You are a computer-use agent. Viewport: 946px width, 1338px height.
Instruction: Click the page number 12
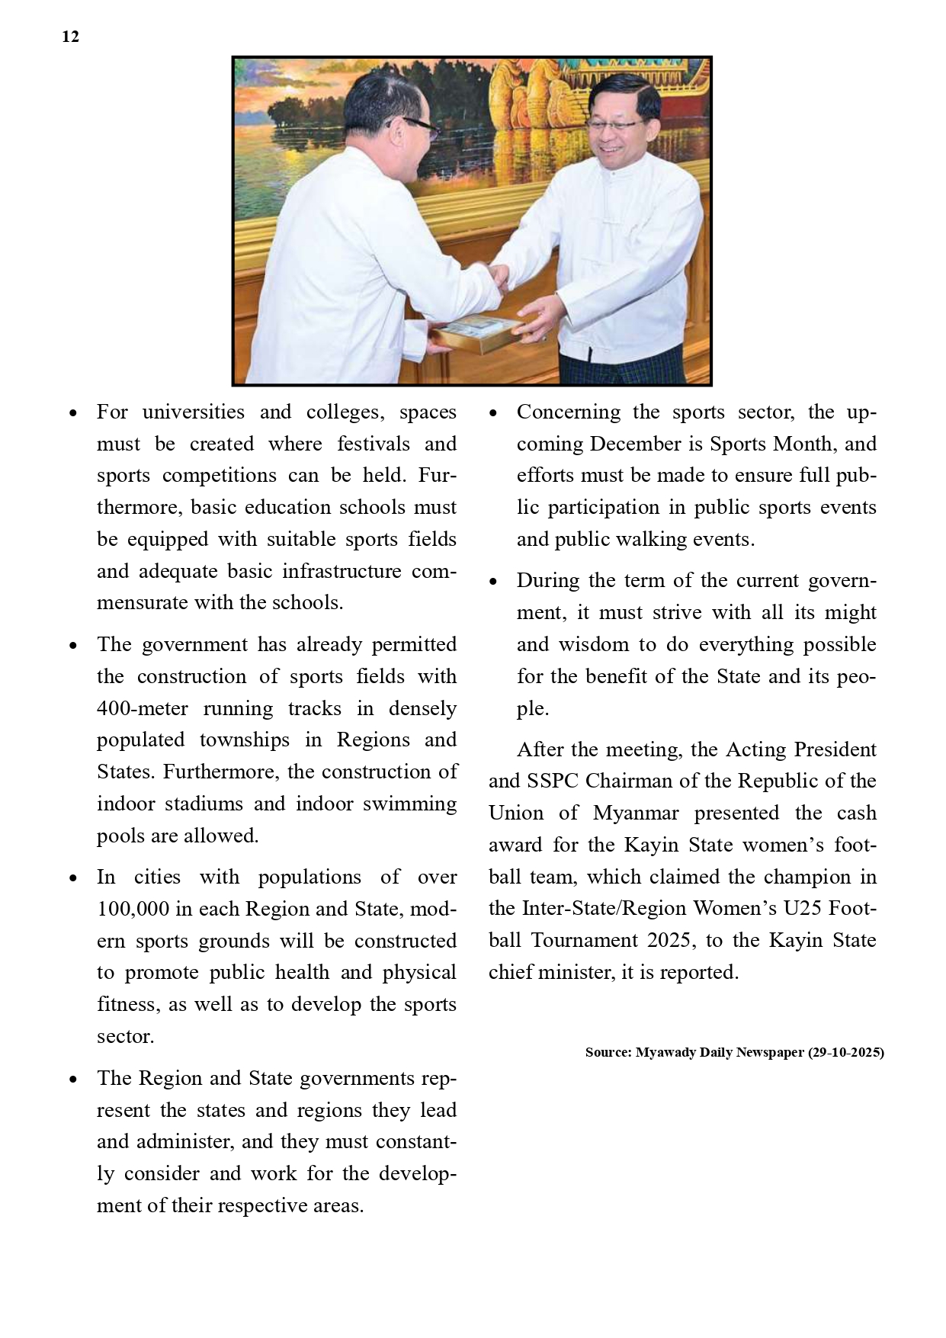pos(70,37)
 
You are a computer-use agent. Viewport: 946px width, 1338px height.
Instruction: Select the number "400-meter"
pos(142,708)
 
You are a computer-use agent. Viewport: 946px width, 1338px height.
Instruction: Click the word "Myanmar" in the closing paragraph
pos(636,813)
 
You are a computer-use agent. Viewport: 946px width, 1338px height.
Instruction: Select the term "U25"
pos(803,909)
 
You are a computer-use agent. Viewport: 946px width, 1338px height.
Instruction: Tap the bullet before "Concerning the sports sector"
pos(493,413)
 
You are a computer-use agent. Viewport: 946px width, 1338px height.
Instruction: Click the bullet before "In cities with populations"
pos(73,878)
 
